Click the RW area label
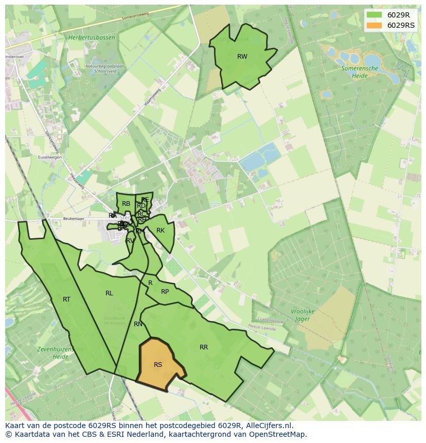coord(242,57)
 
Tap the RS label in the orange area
coord(158,365)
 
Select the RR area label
coord(204,347)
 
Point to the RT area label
coord(66,299)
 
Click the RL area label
coord(109,293)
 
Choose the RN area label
coord(138,324)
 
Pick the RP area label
coord(165,292)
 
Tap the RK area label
coord(161,231)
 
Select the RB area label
coord(126,204)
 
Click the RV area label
coord(130,240)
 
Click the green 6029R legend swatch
coord(375,15)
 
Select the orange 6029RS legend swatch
coord(375,25)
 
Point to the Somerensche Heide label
coord(360,72)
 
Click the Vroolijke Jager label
coord(302,315)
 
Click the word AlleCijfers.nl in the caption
coord(269,426)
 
